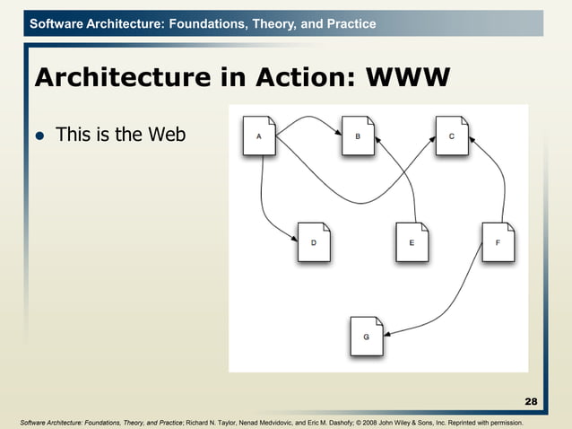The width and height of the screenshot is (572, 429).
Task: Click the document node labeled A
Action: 259,136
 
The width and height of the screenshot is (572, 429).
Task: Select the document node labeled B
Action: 358,136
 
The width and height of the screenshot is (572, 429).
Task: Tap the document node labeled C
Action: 452,136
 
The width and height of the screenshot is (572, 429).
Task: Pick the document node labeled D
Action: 313,242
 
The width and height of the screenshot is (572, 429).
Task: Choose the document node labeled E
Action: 412,242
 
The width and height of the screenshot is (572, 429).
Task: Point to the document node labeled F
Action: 498,242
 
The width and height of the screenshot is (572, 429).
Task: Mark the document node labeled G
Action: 366,336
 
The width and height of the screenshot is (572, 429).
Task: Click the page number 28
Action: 531,400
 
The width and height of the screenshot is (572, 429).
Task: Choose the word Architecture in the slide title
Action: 112,79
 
